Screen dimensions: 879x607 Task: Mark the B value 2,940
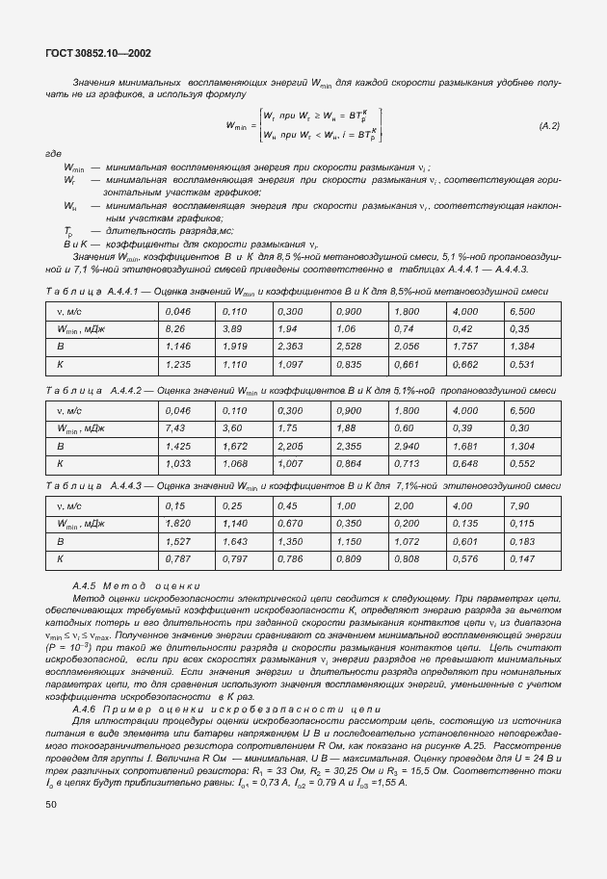tap(405, 446)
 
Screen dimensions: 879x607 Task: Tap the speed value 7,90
tap(519, 505)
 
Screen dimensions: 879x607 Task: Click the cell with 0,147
tap(520, 558)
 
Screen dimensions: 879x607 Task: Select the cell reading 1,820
tap(178, 523)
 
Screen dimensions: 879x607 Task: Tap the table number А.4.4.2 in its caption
tap(126, 390)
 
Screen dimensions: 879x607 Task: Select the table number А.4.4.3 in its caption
tap(126, 485)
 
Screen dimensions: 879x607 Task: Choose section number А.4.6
tap(86, 709)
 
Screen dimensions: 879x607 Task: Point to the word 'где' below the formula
tap(54, 153)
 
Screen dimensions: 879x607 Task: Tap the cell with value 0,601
tap(462, 541)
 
